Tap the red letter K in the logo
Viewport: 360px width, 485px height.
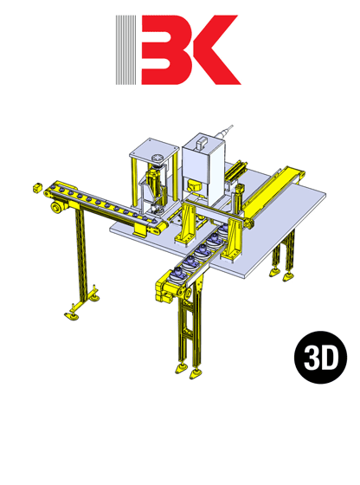209,50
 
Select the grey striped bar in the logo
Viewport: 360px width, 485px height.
127,50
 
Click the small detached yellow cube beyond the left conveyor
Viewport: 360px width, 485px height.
37,186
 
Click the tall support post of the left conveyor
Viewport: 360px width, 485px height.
81,260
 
